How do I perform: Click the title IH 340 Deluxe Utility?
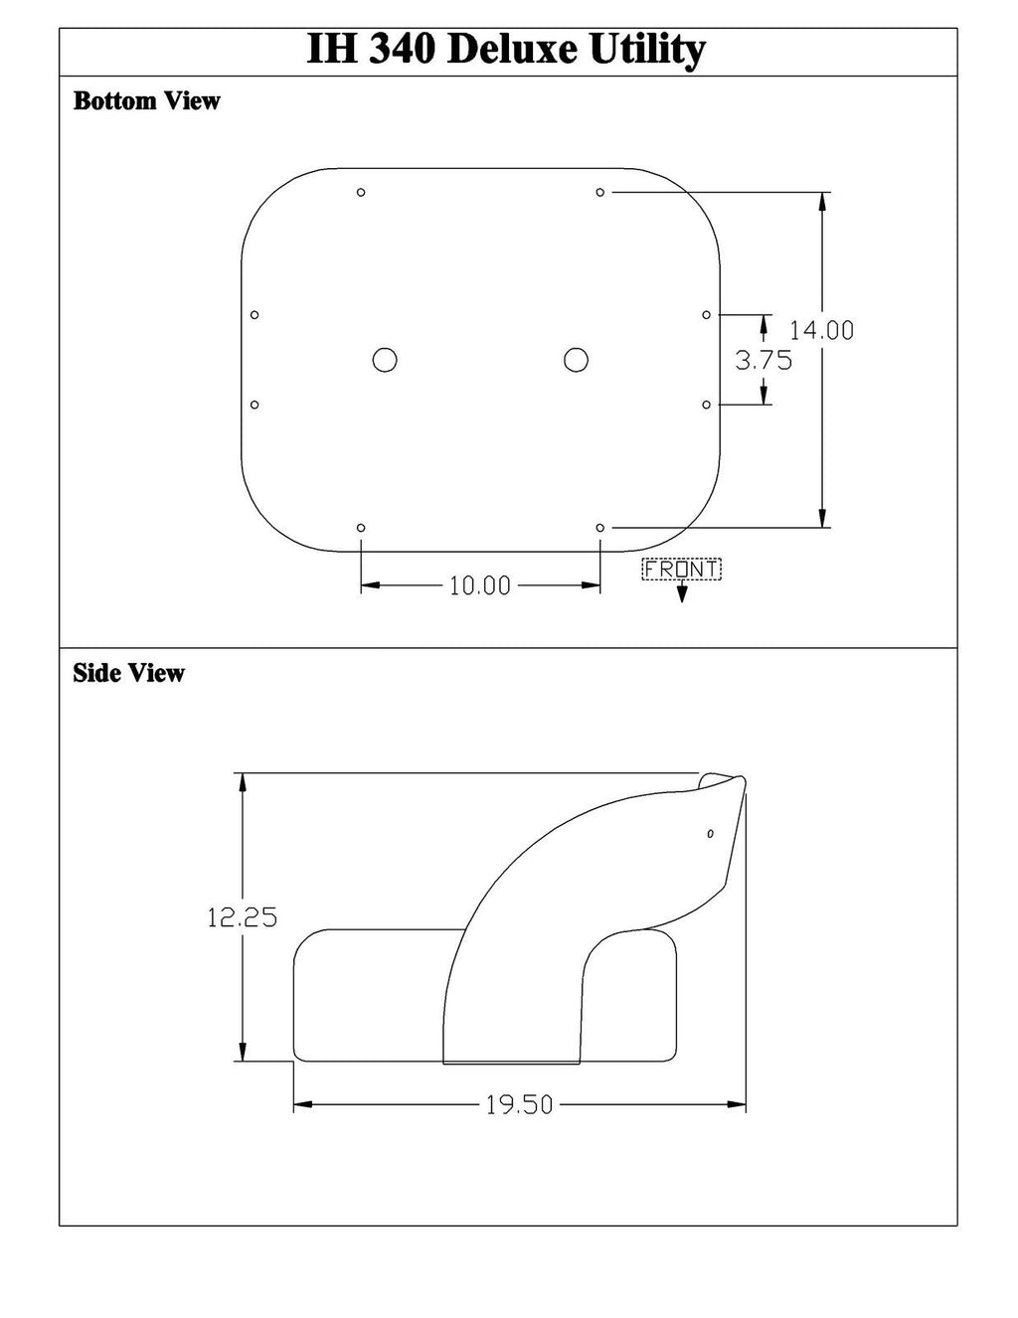[x=507, y=50]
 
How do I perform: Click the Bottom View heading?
[x=146, y=101]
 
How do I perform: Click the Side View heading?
[x=128, y=674]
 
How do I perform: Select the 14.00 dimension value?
[x=821, y=330]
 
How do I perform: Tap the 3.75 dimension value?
[x=763, y=361]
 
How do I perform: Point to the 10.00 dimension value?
[x=479, y=586]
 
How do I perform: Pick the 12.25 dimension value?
[x=242, y=917]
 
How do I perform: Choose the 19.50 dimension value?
[x=519, y=1105]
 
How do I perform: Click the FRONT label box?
[x=682, y=570]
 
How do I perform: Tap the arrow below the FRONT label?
[x=682, y=594]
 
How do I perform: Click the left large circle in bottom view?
[x=385, y=360]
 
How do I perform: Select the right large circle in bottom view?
[x=576, y=360]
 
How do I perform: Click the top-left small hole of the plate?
[x=361, y=192]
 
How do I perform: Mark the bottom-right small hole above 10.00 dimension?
[x=600, y=527]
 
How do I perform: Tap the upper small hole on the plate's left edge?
[x=254, y=315]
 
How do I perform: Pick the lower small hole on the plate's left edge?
[x=254, y=405]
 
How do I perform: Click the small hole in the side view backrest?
[x=710, y=833]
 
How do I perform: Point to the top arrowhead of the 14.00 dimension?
[x=822, y=200]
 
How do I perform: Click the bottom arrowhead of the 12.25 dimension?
[x=242, y=1054]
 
